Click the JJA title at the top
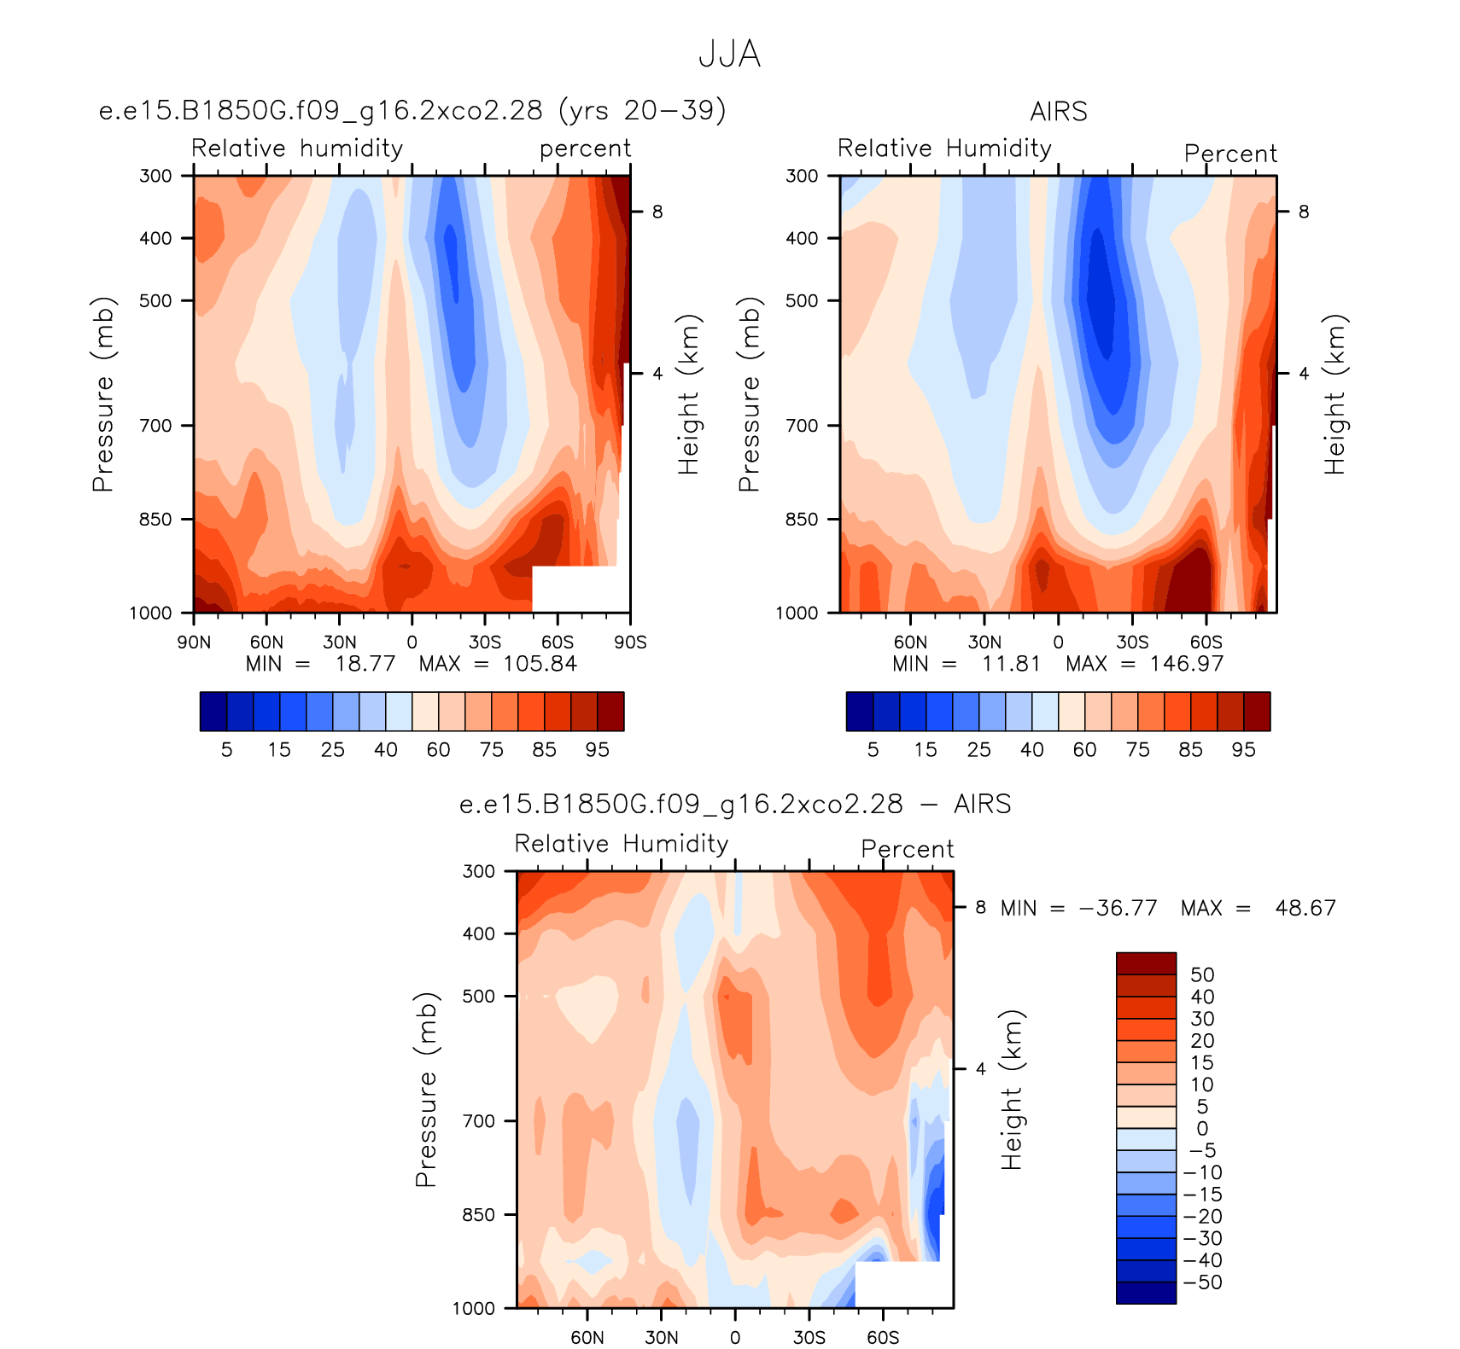(x=729, y=54)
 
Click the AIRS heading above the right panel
(x=1059, y=112)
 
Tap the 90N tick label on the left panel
(x=194, y=643)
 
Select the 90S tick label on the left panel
(x=630, y=643)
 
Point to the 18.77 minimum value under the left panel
(x=365, y=664)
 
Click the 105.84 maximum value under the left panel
(x=540, y=664)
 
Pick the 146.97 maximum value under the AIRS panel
(x=1187, y=664)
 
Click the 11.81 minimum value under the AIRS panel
(x=1011, y=664)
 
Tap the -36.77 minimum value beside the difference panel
(x=1118, y=908)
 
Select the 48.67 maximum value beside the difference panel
(x=1305, y=908)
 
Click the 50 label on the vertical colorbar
(x=1202, y=975)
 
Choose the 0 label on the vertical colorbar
(x=1202, y=1129)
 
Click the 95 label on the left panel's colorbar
(x=598, y=750)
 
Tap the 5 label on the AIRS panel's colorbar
(x=873, y=750)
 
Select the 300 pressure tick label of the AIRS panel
(x=802, y=176)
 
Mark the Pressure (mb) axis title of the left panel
(x=102, y=394)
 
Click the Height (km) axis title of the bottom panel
(x=1012, y=1090)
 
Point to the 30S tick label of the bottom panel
(x=809, y=1337)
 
